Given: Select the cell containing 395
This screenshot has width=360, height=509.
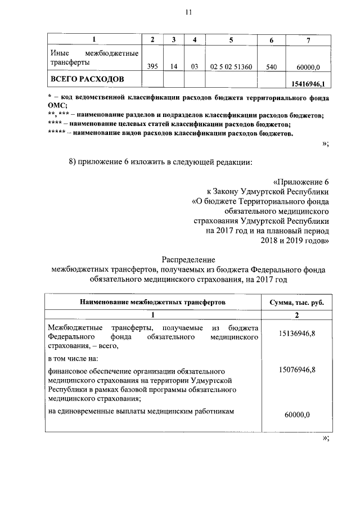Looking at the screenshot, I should click(x=152, y=66).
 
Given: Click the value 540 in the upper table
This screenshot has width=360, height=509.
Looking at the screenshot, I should click(x=271, y=66).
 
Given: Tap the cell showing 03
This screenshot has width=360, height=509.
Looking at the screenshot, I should click(x=195, y=66).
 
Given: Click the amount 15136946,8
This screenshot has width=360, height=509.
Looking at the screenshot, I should click(x=296, y=334).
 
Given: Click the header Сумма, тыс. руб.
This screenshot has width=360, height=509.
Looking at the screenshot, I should click(x=296, y=302).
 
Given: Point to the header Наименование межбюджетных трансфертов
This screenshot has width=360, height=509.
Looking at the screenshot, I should click(x=152, y=302).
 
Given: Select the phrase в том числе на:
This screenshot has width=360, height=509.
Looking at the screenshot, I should click(x=73, y=358).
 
